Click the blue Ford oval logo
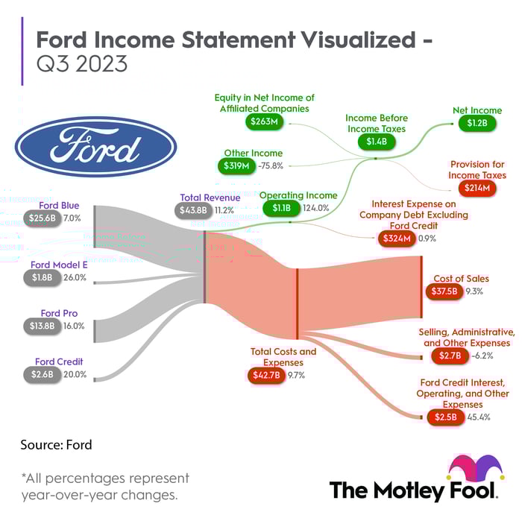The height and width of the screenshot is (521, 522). click(x=96, y=146)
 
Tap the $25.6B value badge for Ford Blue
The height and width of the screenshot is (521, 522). click(x=43, y=218)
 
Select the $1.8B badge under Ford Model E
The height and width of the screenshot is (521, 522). click(x=43, y=277)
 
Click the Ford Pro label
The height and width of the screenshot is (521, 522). click(x=59, y=313)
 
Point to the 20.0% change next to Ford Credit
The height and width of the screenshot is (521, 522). click(x=75, y=374)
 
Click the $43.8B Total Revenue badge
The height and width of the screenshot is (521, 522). click(x=193, y=210)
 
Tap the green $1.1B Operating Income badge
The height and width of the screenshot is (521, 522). click(x=282, y=208)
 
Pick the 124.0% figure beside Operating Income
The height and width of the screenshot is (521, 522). click(x=316, y=208)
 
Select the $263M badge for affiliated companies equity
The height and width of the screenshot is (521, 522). click(x=264, y=121)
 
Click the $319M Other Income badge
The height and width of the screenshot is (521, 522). click(x=236, y=165)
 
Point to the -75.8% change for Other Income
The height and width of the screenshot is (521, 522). click(x=271, y=165)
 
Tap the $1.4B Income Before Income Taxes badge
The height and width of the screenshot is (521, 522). click(x=377, y=142)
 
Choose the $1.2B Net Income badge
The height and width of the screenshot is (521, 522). click(x=477, y=123)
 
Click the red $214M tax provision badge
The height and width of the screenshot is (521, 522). click(x=477, y=188)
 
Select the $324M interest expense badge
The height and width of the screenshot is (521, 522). click(x=397, y=239)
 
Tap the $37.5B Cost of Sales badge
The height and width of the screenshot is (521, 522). click(x=444, y=291)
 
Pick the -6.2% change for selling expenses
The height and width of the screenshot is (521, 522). click(x=482, y=356)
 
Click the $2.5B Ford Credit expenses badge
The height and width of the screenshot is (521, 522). click(x=446, y=417)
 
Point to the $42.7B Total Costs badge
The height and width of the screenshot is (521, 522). click(x=266, y=375)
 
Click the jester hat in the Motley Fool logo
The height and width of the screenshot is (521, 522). click(x=477, y=467)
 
